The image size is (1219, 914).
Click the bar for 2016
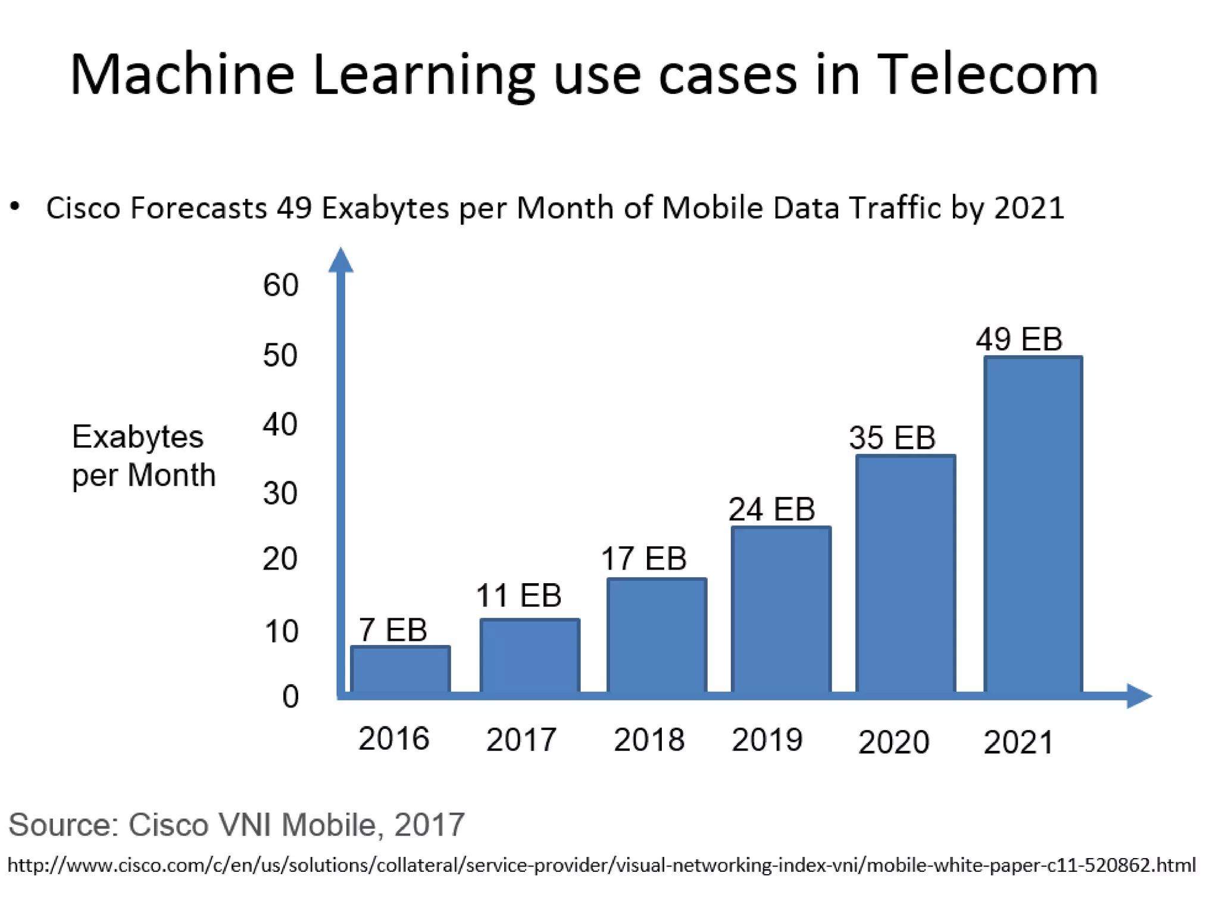(x=400, y=669)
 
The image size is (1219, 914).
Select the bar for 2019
(x=781, y=610)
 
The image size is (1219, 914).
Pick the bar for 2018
(x=657, y=636)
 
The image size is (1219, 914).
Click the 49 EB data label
(x=1018, y=340)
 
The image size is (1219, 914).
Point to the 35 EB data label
(x=892, y=438)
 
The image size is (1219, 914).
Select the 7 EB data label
(x=393, y=630)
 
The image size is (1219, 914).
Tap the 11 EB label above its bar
(x=518, y=596)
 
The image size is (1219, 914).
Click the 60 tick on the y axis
(x=280, y=285)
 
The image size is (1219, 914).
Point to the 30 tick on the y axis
(x=280, y=493)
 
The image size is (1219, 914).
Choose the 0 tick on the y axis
(x=290, y=697)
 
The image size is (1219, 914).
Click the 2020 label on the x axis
(x=893, y=742)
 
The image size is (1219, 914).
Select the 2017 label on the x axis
(x=521, y=740)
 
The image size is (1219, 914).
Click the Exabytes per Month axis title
(x=143, y=456)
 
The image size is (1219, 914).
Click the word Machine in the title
(x=182, y=75)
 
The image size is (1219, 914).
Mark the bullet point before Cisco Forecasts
(x=15, y=207)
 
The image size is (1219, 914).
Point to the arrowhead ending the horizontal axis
(x=1138, y=696)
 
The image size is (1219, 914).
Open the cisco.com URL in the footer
(x=601, y=865)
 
